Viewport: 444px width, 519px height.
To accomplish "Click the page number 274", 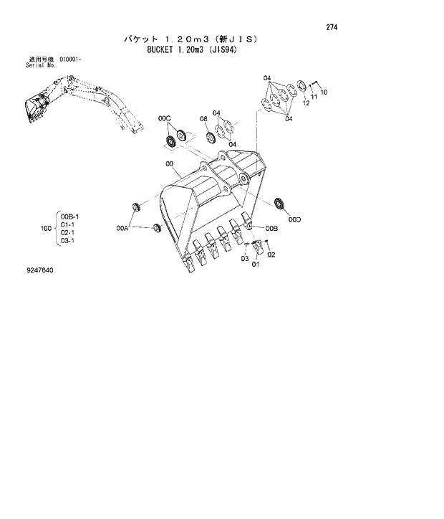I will tap(331, 27).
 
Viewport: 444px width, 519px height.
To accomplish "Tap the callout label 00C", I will tap(164, 117).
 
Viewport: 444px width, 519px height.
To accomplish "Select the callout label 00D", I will tap(294, 220).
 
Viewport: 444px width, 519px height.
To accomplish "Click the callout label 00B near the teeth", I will tap(271, 228).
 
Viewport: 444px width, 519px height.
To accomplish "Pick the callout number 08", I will tap(203, 118).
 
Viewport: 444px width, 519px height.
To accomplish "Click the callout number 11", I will tap(314, 98).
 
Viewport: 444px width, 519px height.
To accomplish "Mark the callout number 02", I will tap(271, 254).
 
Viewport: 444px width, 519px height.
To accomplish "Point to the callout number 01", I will tap(254, 265).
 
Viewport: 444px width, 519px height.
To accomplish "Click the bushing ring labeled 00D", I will tap(280, 203).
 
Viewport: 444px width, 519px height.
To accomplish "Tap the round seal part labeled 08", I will tap(211, 136).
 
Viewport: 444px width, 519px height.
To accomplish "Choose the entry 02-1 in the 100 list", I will tap(68, 233).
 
